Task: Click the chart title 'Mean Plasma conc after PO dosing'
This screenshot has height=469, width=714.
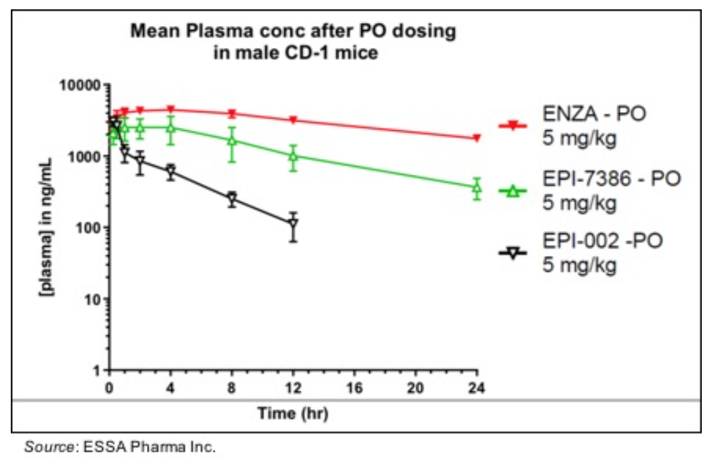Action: (292, 32)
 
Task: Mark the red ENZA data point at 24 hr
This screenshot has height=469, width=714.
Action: (476, 138)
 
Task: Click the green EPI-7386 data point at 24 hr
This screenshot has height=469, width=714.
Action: (476, 188)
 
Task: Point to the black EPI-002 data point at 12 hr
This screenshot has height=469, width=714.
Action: (293, 224)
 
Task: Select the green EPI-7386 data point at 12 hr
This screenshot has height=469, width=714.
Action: (293, 155)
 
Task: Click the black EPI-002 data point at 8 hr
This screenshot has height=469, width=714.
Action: (232, 199)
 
